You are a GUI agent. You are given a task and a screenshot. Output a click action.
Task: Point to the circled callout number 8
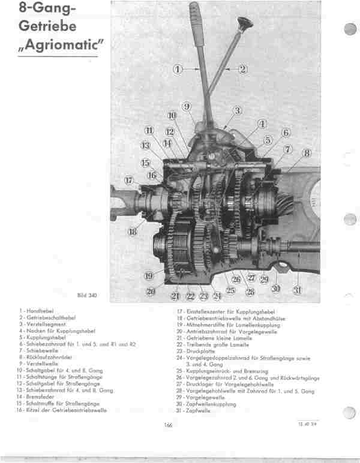click(307, 153)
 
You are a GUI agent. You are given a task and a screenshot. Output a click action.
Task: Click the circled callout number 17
click(129, 180)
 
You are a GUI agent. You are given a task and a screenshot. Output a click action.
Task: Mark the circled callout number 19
click(149, 276)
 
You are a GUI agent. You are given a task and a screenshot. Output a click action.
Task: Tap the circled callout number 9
click(187, 106)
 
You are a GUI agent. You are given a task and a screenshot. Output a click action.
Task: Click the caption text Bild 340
click(87, 295)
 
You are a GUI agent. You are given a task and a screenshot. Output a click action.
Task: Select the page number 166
click(169, 425)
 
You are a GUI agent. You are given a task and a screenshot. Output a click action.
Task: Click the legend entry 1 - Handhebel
click(39, 312)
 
